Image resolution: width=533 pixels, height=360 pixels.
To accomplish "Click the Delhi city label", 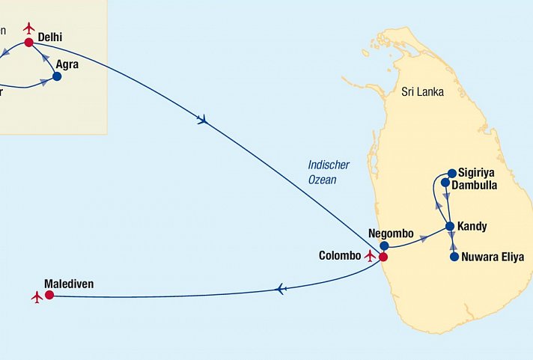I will click(x=49, y=36).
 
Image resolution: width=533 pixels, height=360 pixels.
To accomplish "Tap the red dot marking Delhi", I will click(x=29, y=43).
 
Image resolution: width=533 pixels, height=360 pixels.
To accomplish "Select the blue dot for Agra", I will click(x=57, y=76).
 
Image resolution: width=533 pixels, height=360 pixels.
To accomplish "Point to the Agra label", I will click(x=67, y=65).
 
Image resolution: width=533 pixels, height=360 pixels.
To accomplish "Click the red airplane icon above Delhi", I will click(x=29, y=28).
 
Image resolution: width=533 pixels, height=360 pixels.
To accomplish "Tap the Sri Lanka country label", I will click(x=422, y=92).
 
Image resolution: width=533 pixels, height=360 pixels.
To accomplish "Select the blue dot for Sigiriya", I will click(x=452, y=172).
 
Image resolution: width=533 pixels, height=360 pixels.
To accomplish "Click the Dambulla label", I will click(x=474, y=185).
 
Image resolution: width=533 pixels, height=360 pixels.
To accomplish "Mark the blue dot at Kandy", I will click(x=450, y=226).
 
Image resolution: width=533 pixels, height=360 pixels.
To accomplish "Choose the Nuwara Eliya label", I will click(x=493, y=257).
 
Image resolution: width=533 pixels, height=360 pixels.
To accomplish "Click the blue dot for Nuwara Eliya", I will click(x=454, y=257).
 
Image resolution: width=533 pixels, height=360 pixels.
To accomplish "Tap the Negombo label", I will click(x=391, y=234).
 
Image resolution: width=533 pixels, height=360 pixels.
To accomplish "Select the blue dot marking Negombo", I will click(x=384, y=245).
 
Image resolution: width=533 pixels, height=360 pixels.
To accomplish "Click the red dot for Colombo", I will click(x=383, y=257).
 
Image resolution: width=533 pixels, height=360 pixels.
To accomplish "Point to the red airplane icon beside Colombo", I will click(x=369, y=255).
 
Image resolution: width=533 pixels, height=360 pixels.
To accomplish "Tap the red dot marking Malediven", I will click(x=49, y=296).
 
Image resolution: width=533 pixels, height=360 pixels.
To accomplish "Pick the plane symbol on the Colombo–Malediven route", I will click(x=281, y=289).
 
